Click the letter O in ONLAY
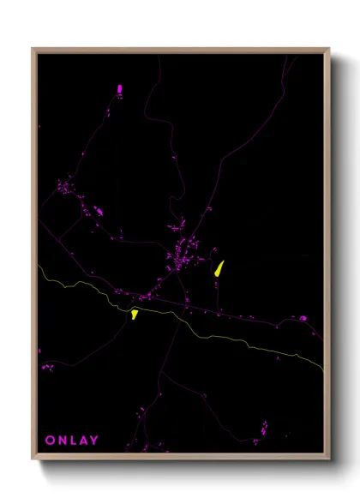(x=50, y=441)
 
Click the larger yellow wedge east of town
(x=219, y=267)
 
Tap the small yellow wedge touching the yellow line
(x=135, y=314)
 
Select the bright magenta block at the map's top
(x=119, y=87)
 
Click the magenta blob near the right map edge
(x=303, y=318)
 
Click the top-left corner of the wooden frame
(x=33, y=49)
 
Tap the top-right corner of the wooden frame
(x=329, y=49)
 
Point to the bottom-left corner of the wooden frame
(x=33, y=460)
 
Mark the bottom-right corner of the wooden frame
(x=329, y=460)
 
